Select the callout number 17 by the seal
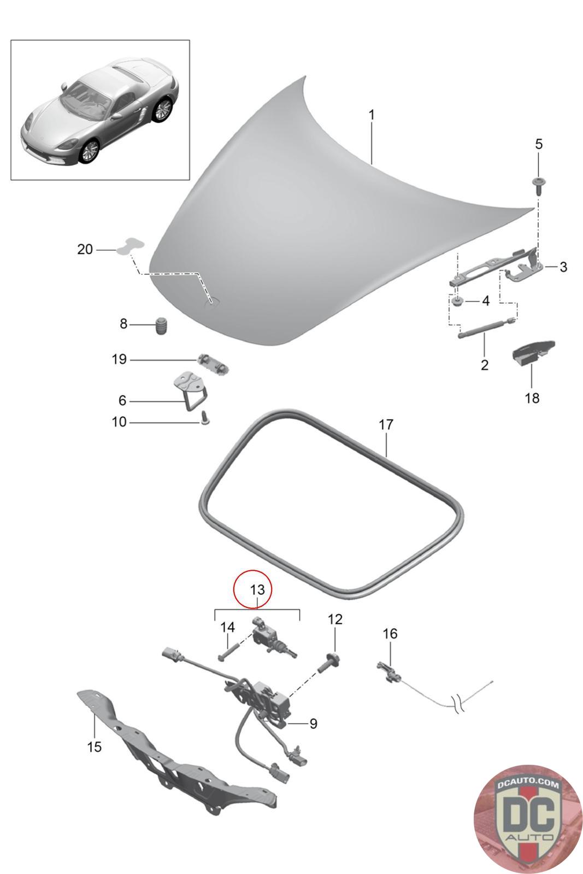386,424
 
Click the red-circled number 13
257,589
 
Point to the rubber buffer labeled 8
161,325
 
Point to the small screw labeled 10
204,418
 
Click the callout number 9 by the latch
313,724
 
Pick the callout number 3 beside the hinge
563,267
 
